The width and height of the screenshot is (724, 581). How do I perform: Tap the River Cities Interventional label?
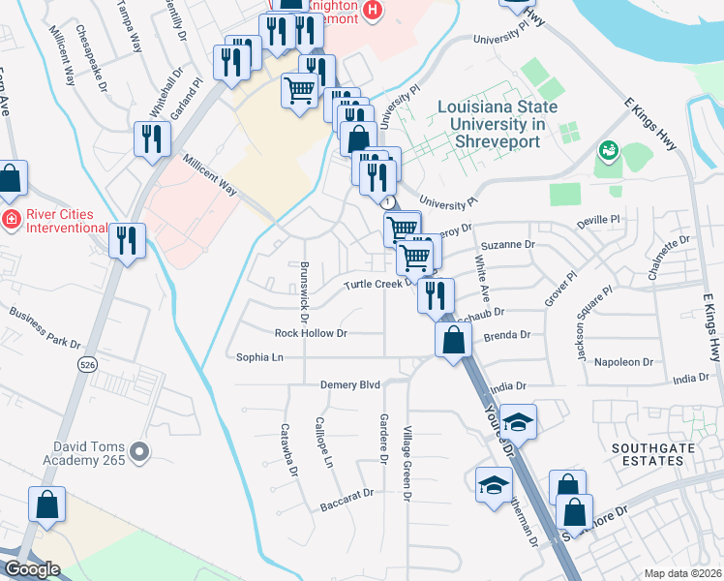(61, 220)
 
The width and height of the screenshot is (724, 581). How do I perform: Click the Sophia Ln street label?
(259, 357)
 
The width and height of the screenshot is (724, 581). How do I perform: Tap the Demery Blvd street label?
(350, 385)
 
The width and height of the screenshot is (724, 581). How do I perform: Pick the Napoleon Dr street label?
(625, 362)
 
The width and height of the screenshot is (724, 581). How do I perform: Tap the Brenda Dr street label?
(507, 335)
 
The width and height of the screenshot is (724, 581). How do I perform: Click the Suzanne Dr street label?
(509, 245)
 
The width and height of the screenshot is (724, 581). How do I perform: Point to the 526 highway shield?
(87, 364)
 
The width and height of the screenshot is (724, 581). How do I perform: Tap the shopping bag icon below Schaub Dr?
(453, 340)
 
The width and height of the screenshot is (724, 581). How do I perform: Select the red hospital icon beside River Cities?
(11, 218)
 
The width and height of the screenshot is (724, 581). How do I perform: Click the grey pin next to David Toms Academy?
(141, 451)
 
